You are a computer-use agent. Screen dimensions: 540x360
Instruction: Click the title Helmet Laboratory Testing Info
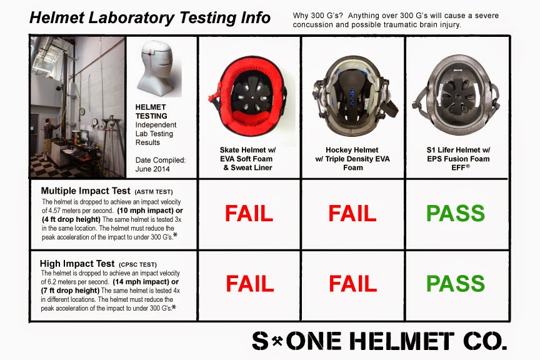150,18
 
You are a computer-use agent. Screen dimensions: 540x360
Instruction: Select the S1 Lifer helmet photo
456,95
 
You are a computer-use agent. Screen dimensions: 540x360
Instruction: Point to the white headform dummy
157,68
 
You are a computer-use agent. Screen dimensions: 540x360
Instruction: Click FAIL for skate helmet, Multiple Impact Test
249,213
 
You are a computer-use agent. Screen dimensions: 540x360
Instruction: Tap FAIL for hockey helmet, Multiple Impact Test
352,213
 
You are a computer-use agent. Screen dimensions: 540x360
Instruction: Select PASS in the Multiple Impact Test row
455,213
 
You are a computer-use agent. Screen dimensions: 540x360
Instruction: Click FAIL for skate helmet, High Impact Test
249,284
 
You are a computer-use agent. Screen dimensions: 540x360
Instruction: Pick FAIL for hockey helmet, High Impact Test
353,284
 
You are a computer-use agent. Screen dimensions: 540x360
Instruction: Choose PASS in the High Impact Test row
455,284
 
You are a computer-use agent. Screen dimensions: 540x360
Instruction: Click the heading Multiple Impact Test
86,191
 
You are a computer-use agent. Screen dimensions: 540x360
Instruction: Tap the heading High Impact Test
77,264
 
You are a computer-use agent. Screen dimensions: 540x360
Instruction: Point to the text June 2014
152,169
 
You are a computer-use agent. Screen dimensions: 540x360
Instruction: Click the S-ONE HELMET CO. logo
379,341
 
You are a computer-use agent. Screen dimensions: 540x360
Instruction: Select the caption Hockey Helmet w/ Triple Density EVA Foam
352,159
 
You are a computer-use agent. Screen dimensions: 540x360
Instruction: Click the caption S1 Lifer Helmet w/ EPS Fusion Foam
458,154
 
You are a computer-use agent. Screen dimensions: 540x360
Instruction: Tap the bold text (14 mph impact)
141,282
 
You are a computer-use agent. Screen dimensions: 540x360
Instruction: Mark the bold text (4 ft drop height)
71,219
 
